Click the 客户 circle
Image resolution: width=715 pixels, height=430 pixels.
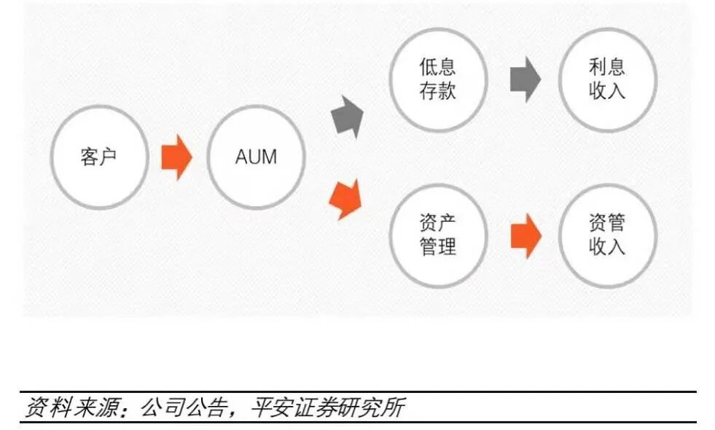pyautogui.click(x=99, y=157)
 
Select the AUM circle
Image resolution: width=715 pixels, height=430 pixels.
pyautogui.click(x=256, y=157)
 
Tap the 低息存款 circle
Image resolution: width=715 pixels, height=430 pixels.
pyautogui.click(x=437, y=79)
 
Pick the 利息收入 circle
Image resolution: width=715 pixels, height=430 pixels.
pyautogui.click(x=607, y=79)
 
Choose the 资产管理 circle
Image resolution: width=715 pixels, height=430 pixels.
pyautogui.click(x=437, y=235)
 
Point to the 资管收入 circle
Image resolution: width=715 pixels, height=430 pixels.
pyautogui.click(x=607, y=235)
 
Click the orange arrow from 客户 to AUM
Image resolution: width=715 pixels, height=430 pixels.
pyautogui.click(x=176, y=157)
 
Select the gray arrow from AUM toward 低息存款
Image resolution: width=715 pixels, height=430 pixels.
pyautogui.click(x=348, y=117)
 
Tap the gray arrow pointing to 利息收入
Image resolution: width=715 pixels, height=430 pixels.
pyautogui.click(x=525, y=79)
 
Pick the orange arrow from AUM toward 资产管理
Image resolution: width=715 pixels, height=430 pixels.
pyautogui.click(x=346, y=198)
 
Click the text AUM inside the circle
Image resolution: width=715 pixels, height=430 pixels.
pyautogui.click(x=256, y=157)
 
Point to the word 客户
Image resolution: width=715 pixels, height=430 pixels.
pyautogui.click(x=99, y=157)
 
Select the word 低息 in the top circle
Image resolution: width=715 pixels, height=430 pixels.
pyautogui.click(x=437, y=68)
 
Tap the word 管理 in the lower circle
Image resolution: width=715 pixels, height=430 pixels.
pyautogui.click(x=437, y=246)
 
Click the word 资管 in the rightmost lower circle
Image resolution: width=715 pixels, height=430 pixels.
pyautogui.click(x=607, y=222)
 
